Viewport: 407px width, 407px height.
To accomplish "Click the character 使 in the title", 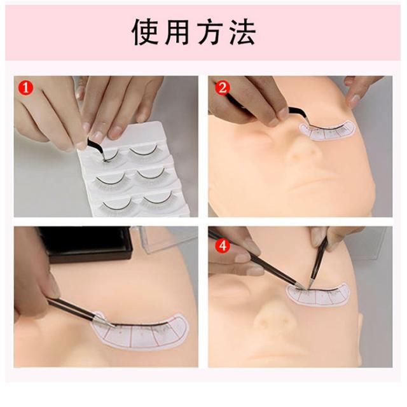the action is point(145,32).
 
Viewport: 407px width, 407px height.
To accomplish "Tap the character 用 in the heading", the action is point(177,32).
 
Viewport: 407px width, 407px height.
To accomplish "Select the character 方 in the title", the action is point(210,32).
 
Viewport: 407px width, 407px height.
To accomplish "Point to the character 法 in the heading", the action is point(242,32).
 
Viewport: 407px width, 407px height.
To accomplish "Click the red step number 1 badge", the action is point(25,88).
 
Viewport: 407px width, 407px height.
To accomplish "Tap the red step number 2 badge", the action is point(223,88).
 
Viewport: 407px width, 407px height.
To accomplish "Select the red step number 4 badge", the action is point(223,245).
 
